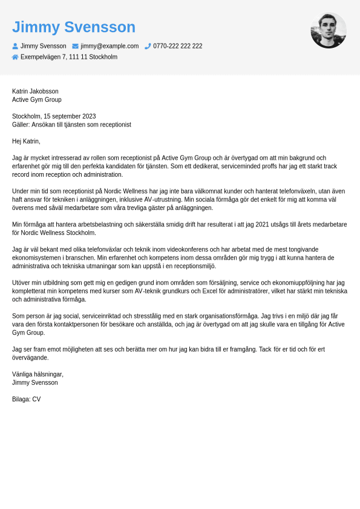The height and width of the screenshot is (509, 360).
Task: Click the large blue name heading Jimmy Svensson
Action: [x=74, y=27]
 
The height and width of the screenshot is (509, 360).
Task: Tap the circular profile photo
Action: [x=329, y=30]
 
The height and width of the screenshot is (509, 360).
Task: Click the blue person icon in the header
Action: [x=15, y=46]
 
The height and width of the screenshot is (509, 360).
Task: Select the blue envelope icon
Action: [x=76, y=46]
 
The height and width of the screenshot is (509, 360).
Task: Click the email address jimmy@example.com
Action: [x=110, y=46]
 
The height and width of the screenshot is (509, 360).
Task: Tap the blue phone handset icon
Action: [x=148, y=46]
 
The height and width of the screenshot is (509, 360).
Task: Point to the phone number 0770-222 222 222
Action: [x=178, y=46]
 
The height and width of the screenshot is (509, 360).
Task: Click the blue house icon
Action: [x=15, y=57]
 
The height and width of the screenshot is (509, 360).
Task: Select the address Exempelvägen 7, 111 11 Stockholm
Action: [x=69, y=57]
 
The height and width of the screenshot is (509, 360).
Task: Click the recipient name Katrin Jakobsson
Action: [x=35, y=91]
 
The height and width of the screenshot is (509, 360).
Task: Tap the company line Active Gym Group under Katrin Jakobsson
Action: [x=36, y=100]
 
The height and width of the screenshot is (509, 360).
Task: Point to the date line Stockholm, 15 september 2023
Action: [x=54, y=116]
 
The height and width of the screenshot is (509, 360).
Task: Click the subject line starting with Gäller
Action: [x=71, y=125]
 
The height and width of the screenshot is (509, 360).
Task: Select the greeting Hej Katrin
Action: [x=26, y=141]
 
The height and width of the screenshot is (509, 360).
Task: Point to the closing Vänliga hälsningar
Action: [x=38, y=374]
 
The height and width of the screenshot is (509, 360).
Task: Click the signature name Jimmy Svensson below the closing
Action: [x=35, y=383]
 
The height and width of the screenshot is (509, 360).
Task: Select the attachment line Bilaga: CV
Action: [x=26, y=399]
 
